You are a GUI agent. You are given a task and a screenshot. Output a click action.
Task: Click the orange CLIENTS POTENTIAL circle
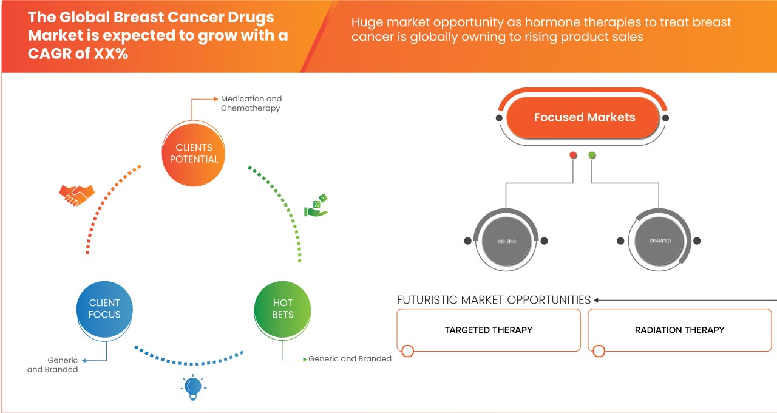click(194, 153)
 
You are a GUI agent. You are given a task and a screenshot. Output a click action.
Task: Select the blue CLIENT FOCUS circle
click(104, 309)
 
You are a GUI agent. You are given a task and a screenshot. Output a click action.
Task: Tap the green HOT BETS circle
click(282, 309)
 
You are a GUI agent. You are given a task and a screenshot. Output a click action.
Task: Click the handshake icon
click(76, 194)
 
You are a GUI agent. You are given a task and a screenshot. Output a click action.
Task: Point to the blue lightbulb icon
click(192, 387)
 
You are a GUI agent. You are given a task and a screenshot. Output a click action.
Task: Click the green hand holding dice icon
click(316, 206)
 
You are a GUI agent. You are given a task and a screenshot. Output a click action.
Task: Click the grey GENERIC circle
click(506, 241)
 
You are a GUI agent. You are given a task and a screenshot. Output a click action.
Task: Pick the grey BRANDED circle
click(660, 241)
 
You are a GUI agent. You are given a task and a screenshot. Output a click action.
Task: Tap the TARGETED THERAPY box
click(488, 330)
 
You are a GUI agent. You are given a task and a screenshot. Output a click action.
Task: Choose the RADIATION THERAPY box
click(679, 330)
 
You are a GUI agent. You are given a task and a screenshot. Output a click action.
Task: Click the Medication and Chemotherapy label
click(251, 103)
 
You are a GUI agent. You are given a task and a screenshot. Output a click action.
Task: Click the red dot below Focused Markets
click(573, 155)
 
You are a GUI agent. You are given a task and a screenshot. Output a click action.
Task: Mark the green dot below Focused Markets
click(592, 155)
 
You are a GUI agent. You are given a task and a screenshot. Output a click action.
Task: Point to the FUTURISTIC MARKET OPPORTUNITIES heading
click(494, 300)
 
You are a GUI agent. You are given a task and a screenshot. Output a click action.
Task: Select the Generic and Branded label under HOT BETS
click(350, 359)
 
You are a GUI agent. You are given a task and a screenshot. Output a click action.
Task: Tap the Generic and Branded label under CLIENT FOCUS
click(53, 365)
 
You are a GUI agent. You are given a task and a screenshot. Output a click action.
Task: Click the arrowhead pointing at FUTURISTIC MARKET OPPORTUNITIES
click(597, 300)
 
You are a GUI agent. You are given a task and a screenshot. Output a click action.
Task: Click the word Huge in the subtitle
click(368, 23)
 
